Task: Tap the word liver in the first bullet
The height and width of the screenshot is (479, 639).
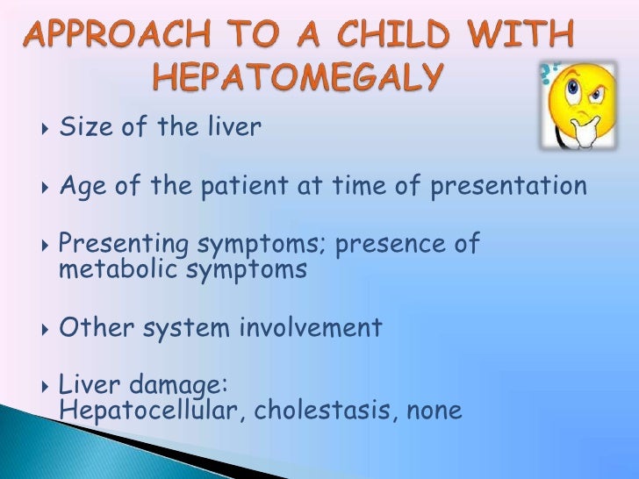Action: click(x=233, y=128)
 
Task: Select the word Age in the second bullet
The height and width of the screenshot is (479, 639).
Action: click(x=80, y=186)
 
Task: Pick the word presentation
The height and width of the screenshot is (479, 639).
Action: click(x=507, y=186)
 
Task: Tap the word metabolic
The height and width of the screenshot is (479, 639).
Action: click(x=117, y=268)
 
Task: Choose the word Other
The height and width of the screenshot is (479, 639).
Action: click(x=92, y=328)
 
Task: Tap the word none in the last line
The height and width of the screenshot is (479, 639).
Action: click(x=431, y=411)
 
